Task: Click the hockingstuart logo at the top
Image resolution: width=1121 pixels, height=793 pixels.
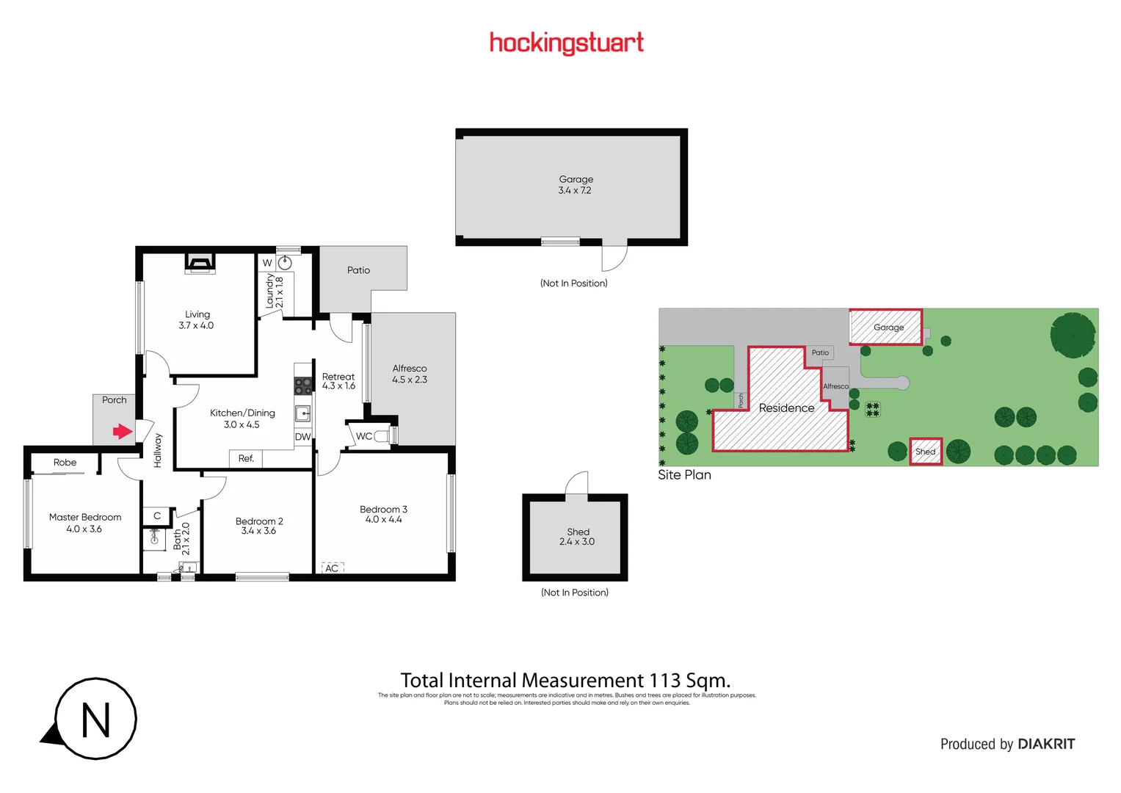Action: pyautogui.click(x=566, y=43)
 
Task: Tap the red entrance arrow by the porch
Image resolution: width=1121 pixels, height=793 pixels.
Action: pyautogui.click(x=122, y=431)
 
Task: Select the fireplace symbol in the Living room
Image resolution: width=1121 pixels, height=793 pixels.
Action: pyautogui.click(x=199, y=263)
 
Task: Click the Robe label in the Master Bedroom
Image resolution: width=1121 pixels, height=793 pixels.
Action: pyautogui.click(x=65, y=463)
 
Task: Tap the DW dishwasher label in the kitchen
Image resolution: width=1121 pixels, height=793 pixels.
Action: pyautogui.click(x=302, y=437)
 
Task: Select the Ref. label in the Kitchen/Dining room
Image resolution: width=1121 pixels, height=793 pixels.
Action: pyautogui.click(x=246, y=458)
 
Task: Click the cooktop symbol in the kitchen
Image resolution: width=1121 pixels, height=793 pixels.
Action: pyautogui.click(x=302, y=385)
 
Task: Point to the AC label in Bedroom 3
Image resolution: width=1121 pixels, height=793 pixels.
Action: pyautogui.click(x=332, y=568)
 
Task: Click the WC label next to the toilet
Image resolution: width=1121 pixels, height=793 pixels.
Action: pyautogui.click(x=364, y=436)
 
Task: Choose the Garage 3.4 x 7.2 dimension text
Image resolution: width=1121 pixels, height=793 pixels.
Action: pyautogui.click(x=575, y=190)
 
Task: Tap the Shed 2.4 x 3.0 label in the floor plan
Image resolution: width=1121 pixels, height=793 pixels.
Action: pyautogui.click(x=578, y=537)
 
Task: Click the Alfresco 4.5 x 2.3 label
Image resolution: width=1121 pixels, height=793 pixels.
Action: pyautogui.click(x=410, y=374)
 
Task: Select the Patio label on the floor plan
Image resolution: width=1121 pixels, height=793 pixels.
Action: pyautogui.click(x=358, y=270)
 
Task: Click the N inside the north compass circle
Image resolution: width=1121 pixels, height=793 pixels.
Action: pyautogui.click(x=96, y=720)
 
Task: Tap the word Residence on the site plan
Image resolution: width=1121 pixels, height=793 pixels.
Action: pyautogui.click(x=786, y=408)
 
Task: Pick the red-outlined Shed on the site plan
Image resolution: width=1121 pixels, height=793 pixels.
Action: pyautogui.click(x=925, y=452)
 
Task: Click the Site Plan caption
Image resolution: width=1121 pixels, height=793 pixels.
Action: pyautogui.click(x=684, y=475)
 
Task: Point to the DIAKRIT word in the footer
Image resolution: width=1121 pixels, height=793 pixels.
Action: pyautogui.click(x=1046, y=744)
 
